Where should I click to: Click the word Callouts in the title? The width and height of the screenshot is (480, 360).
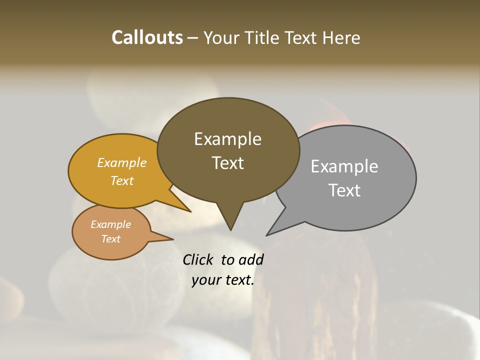point(147,37)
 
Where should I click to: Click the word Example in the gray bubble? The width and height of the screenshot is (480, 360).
point(344,166)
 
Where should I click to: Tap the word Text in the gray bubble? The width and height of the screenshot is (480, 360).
point(344,190)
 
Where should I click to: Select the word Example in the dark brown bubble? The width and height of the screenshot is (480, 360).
point(227,139)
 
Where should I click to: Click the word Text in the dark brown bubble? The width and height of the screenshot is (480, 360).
point(227,163)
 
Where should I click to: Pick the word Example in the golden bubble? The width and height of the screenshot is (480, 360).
point(122,162)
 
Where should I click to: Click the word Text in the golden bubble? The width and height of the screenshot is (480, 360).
point(122,180)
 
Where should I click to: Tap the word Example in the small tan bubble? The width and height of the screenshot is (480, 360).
point(110,224)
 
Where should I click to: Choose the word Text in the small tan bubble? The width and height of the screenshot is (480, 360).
point(110,239)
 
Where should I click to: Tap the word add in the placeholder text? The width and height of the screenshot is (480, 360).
point(250,259)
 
